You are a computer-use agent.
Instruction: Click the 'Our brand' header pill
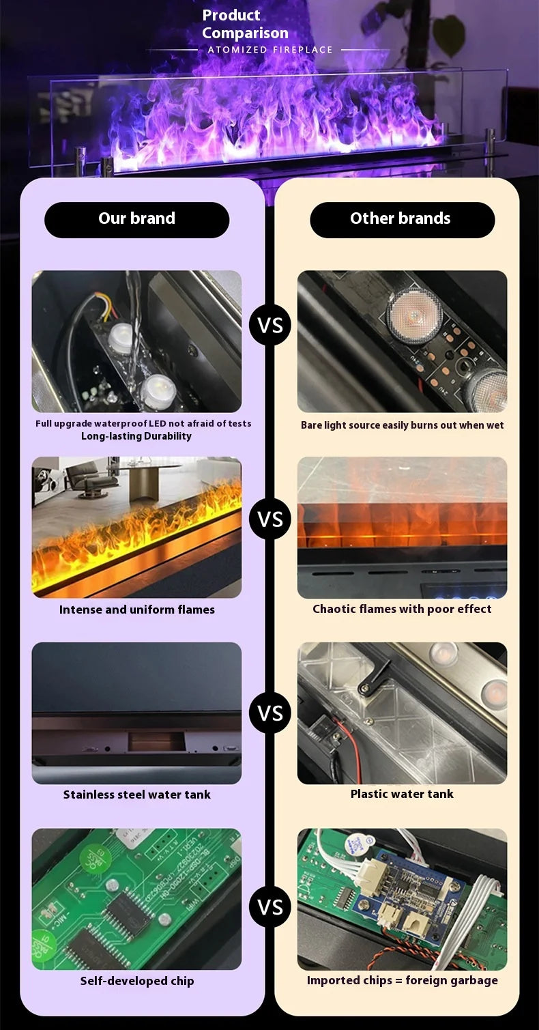pos(136,220)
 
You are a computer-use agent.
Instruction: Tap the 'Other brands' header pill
pos(402,220)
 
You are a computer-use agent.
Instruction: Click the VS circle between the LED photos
pos(269,325)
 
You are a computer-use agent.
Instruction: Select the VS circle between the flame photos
pos(269,519)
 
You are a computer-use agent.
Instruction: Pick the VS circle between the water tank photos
pos(269,713)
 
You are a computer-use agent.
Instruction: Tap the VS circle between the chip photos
pos(269,907)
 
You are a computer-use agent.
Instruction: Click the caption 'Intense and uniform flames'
pos(137,610)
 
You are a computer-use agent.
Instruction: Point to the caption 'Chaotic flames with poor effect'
pos(402,610)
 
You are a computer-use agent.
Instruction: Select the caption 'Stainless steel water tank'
pos(137,795)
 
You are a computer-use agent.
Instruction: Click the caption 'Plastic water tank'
pos(402,794)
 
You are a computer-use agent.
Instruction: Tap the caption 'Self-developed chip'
pos(137,981)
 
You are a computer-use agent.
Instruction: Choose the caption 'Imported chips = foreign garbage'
pos(402,980)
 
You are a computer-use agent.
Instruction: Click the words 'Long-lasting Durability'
pos(136,436)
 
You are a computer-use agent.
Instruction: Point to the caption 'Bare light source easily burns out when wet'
pos(402,425)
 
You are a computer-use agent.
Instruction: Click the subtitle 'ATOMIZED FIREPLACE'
pos(270,50)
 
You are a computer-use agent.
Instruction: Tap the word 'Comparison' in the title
pos(246,33)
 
